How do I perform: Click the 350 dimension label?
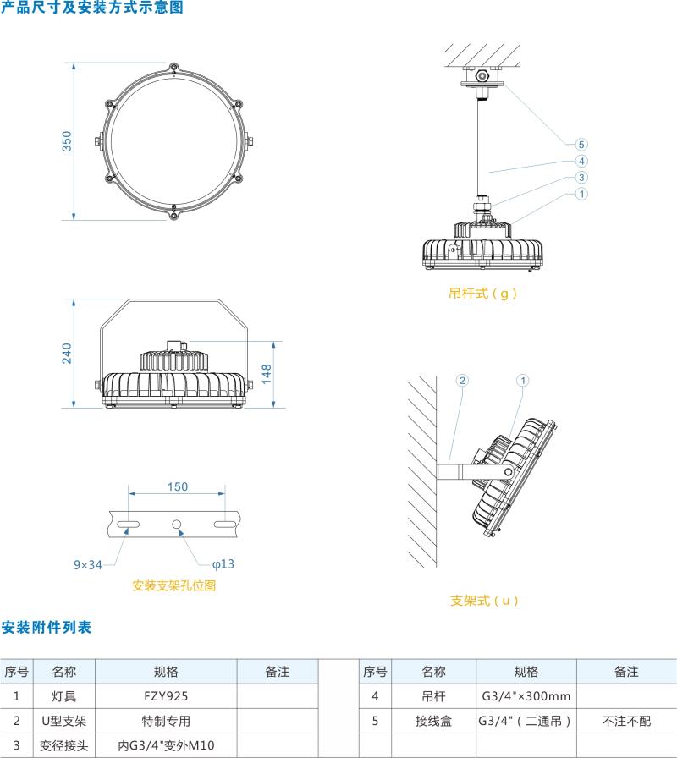(68, 140)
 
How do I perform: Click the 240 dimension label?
(68, 353)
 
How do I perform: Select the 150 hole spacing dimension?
(177, 486)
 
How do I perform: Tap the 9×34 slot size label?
(87, 563)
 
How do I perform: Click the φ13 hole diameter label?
(223, 563)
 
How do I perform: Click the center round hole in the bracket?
(177, 525)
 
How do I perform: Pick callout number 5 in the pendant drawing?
(581, 145)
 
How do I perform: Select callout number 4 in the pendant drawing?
(581, 161)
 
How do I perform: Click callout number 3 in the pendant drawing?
(581, 177)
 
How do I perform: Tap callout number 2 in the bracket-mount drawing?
(462, 381)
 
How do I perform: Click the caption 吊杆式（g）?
(482, 294)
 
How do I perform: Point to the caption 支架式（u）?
(483, 601)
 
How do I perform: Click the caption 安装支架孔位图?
(174, 585)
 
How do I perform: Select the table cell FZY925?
(166, 696)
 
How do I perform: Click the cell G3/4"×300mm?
(526, 696)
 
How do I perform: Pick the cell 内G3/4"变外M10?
(166, 746)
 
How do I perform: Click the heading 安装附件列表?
(46, 627)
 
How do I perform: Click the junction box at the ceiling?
(482, 75)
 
